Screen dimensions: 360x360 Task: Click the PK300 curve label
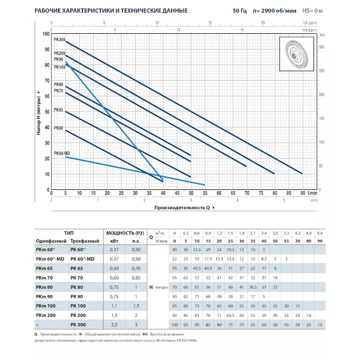59,40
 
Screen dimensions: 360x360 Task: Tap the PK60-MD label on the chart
62,153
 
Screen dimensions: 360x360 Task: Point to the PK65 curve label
58,109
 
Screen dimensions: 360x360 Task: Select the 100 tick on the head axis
46,34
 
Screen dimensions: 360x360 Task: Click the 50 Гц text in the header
240,10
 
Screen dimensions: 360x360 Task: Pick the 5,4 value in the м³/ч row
320,233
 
